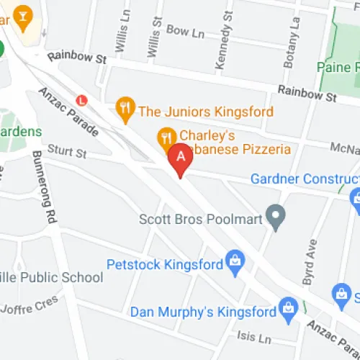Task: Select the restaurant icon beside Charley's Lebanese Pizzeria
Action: pyautogui.click(x=166, y=136)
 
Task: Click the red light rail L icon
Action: pyautogui.click(x=81, y=101)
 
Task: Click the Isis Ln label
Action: pyautogui.click(x=253, y=338)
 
